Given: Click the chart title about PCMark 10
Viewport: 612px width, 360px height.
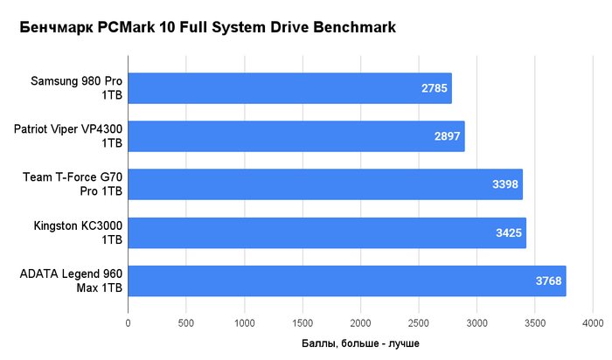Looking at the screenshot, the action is [x=208, y=28].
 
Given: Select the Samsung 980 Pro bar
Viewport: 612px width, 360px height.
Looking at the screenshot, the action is [x=290, y=88].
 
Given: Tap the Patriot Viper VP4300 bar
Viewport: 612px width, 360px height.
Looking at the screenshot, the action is [x=296, y=136].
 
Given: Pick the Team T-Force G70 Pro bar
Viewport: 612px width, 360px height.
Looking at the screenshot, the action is [x=325, y=184].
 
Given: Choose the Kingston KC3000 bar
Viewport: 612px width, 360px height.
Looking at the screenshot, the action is [x=327, y=232].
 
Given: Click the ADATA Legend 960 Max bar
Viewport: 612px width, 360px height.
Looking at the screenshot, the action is [x=347, y=280].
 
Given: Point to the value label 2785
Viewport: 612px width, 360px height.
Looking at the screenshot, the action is [x=434, y=88].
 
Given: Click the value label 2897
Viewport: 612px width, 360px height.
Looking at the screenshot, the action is [x=448, y=136].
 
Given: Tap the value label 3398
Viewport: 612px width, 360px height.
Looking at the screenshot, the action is [x=505, y=184].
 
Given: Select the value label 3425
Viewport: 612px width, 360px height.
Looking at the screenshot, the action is [x=509, y=232].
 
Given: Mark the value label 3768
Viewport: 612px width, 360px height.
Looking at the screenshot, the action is [x=548, y=280].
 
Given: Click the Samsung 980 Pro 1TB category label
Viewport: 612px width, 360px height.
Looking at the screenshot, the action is [x=77, y=87].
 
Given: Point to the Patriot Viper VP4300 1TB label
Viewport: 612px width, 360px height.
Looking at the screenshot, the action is [x=68, y=136].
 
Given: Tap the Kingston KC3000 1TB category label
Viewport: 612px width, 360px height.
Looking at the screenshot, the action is [x=78, y=232].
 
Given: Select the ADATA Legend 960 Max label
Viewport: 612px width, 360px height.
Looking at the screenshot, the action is [x=71, y=280].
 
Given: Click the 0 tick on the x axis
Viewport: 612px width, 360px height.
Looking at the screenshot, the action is [x=128, y=323].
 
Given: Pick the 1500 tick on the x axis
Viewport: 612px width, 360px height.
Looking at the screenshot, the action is [x=303, y=323].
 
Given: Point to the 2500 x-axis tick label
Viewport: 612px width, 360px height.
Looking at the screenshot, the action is [x=419, y=323].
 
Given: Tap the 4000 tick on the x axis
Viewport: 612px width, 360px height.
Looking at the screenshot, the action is [x=593, y=323].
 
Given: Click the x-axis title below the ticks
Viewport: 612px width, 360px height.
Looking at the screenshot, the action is [x=360, y=343].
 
